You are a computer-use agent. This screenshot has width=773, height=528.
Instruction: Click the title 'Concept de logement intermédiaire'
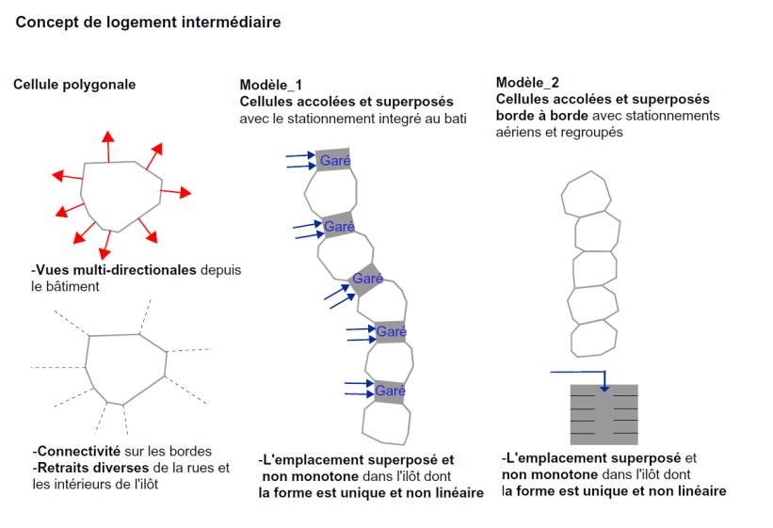click(x=149, y=20)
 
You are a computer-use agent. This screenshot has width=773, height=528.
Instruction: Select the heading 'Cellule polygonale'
click(x=74, y=85)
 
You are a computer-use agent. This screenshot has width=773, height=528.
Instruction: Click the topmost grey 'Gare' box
click(x=333, y=160)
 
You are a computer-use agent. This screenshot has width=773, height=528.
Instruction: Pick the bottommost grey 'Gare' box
click(x=389, y=389)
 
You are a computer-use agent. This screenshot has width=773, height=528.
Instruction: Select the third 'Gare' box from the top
click(x=365, y=279)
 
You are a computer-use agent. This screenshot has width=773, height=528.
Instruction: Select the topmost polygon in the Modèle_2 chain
click(x=590, y=196)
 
